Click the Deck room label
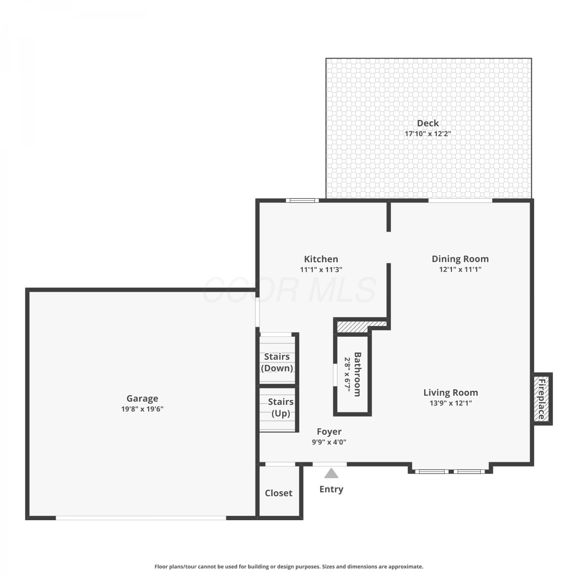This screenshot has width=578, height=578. [x=428, y=123]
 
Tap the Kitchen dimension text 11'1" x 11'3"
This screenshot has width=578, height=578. [x=321, y=270]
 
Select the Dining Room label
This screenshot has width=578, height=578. [x=460, y=259]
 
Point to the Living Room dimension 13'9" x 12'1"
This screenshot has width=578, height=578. [x=450, y=403]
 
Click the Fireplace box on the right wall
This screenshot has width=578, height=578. [x=543, y=399]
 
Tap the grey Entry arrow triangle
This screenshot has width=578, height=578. [x=331, y=473]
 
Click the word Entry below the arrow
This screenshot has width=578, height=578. [x=331, y=489]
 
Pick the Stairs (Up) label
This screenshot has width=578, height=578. [x=281, y=408]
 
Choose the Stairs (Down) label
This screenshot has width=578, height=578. [x=277, y=362]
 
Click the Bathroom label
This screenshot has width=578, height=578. [x=358, y=374]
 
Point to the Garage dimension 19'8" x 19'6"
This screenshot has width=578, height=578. [x=142, y=409]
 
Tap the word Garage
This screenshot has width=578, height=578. [x=142, y=398]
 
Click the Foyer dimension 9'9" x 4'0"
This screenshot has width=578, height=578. [x=329, y=442]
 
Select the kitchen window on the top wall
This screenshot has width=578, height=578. [x=302, y=200]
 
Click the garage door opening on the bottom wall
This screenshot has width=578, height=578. [x=141, y=518]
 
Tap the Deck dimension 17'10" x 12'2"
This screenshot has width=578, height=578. [x=428, y=134]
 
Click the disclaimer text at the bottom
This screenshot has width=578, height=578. [x=289, y=566]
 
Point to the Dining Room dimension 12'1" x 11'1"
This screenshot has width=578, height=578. [x=460, y=269]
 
